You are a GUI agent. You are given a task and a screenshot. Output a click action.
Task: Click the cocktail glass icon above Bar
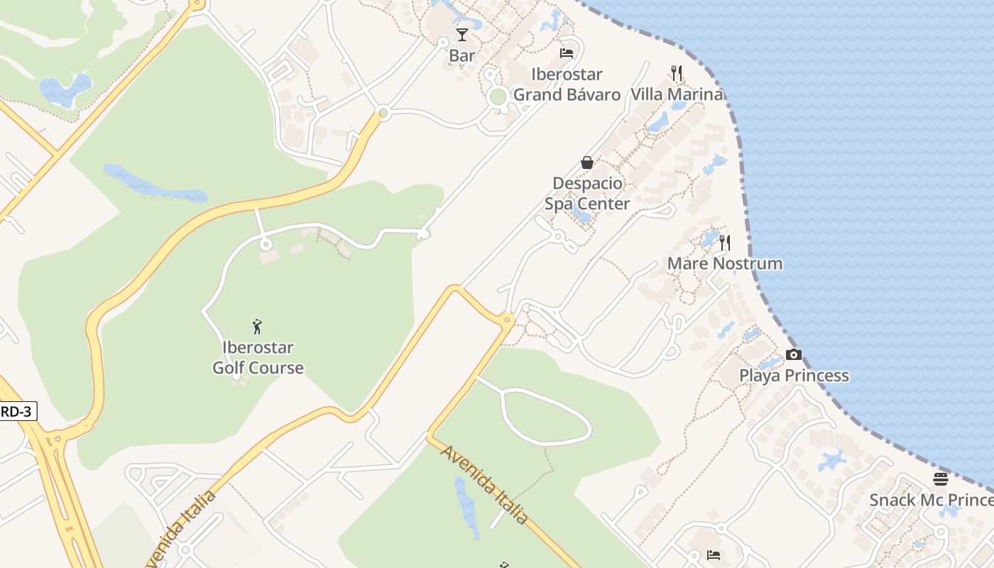pos(462,34)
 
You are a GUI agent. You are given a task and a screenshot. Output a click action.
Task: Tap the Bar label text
pos(462,55)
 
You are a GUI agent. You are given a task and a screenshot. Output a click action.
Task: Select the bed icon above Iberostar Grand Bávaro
pos(567,53)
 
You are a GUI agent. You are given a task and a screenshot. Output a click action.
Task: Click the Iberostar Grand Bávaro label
pos(567,84)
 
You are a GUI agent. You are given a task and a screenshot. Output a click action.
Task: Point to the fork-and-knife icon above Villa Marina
pos(677,72)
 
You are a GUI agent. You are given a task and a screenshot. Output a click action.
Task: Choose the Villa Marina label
pos(677,94)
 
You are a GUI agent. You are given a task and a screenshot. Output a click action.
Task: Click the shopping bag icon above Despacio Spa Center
pos(587,163)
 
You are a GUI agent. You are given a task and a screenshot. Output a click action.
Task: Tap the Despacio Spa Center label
pos(587,194)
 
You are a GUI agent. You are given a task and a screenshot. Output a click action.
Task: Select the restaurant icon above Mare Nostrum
pos(724,243)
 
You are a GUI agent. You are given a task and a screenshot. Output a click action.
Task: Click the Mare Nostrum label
pos(724,263)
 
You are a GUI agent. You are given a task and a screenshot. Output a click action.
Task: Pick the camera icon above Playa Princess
pos(794,354)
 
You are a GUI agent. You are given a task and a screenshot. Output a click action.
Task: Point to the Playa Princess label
pos(794,376)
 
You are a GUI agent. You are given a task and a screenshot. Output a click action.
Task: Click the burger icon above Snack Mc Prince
pos(941,479)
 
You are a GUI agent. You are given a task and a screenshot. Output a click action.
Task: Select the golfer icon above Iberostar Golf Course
pos(257,327)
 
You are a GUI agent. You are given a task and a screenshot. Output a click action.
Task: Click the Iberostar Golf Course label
pos(258,358)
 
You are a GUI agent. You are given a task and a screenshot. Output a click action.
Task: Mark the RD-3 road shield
pos(17,411)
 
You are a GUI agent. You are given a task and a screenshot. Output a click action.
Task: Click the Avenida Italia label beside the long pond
pos(486,485)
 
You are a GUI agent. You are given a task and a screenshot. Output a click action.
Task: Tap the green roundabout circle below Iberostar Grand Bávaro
pos(498,97)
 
